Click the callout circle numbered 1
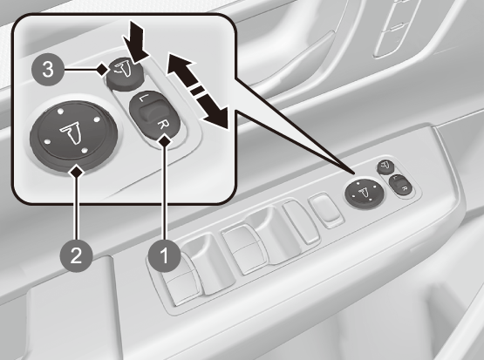pos(164,255)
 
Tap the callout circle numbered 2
pos(76,255)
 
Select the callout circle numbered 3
pos(48,69)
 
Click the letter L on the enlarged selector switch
pos(141,98)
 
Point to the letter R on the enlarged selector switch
pos(162,126)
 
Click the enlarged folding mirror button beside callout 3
pos(125,74)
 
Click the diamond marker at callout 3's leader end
pos(102,70)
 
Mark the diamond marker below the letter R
pos(165,141)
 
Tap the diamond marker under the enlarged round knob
pos(77,171)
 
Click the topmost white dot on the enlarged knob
pos(61,111)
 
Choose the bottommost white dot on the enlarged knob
pos(85,151)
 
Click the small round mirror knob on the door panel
pos(365,194)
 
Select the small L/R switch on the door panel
pos(399,185)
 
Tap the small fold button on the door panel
pos(385,166)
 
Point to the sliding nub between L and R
pos(151,112)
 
